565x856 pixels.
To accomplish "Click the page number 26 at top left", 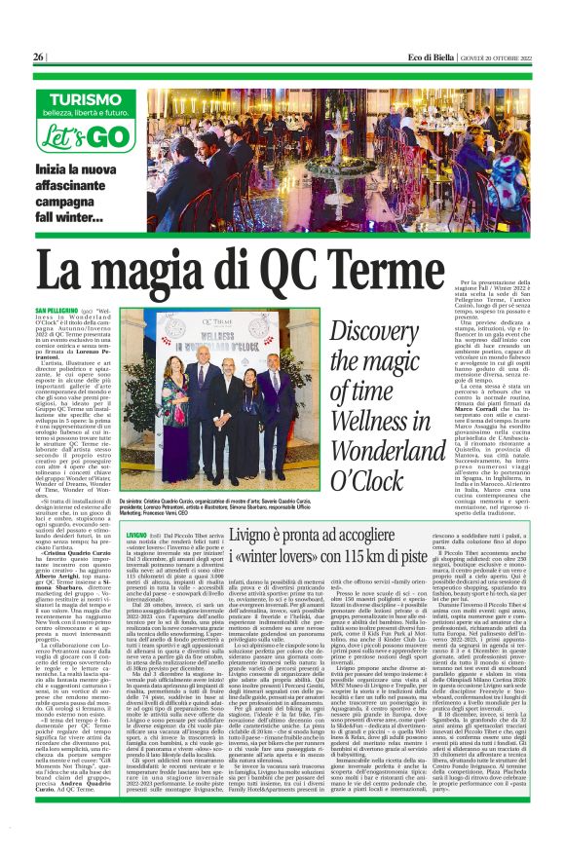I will (38, 57).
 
